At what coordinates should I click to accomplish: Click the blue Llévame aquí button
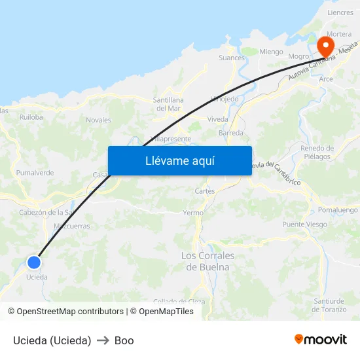click(179, 160)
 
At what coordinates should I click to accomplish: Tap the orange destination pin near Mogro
click(325, 46)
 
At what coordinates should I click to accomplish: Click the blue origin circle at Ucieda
click(34, 262)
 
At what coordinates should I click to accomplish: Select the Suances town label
click(232, 58)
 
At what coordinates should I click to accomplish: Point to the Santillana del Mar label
click(168, 104)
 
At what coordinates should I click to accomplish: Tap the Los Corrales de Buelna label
click(207, 261)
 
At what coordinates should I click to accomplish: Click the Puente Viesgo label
click(304, 225)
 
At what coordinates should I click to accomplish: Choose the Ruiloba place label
click(31, 118)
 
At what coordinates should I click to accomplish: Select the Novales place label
click(98, 120)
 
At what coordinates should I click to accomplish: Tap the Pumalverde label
click(35, 173)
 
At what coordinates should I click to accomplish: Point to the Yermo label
click(193, 213)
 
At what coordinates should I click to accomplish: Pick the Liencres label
click(340, 12)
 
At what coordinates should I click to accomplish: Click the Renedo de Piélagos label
click(317, 153)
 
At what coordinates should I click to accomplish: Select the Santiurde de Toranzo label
click(329, 305)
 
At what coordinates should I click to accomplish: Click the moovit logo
click(320, 340)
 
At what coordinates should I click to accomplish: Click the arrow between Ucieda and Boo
click(103, 340)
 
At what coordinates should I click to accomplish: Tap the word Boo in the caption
click(124, 340)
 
